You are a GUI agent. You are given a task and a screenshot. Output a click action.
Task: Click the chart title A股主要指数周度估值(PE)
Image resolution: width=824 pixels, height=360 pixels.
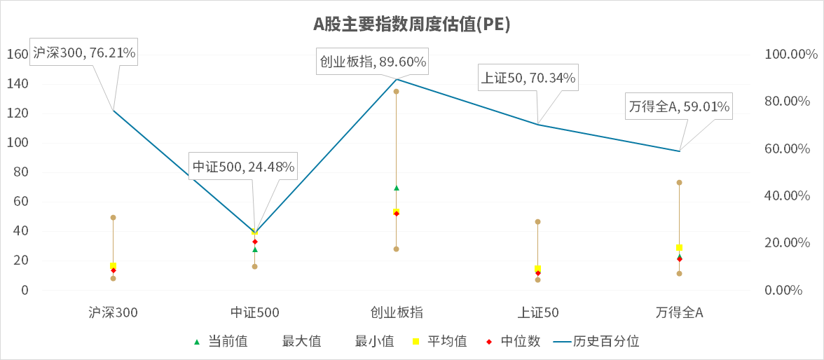tap(411, 25)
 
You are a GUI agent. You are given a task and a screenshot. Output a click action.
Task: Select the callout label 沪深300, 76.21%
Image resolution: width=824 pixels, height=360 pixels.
tap(84, 53)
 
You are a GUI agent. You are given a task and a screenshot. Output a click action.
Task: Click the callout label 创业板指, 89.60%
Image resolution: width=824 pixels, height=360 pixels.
tap(373, 62)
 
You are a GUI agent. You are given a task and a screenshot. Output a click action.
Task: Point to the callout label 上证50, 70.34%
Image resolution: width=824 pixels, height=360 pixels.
tap(528, 78)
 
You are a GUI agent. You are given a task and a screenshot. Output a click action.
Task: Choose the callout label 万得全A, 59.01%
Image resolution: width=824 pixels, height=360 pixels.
tap(679, 107)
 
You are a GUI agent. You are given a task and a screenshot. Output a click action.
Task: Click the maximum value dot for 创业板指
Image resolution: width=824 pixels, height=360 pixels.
tap(396, 92)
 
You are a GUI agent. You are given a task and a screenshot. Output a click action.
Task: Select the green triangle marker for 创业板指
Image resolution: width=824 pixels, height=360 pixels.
tap(396, 188)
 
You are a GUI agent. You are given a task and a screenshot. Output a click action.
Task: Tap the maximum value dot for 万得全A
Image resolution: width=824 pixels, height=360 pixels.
tap(679, 183)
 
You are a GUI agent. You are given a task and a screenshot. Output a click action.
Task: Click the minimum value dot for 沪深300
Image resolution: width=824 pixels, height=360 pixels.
tap(113, 278)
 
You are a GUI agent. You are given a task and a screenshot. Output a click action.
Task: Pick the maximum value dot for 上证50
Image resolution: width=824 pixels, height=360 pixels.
tap(537, 222)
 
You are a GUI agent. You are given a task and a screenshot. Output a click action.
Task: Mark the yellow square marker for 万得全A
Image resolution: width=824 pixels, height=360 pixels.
tap(679, 247)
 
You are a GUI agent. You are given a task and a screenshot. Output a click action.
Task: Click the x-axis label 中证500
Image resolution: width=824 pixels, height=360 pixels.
tap(254, 313)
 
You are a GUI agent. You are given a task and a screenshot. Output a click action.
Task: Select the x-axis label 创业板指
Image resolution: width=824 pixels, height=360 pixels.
tap(396, 313)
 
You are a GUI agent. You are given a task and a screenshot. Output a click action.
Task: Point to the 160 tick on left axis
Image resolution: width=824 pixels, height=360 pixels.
tap(17, 55)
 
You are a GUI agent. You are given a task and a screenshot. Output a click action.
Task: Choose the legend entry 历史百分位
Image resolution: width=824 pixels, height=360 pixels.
tap(596, 342)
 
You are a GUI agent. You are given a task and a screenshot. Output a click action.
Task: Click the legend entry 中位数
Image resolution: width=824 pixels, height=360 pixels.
tap(514, 342)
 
